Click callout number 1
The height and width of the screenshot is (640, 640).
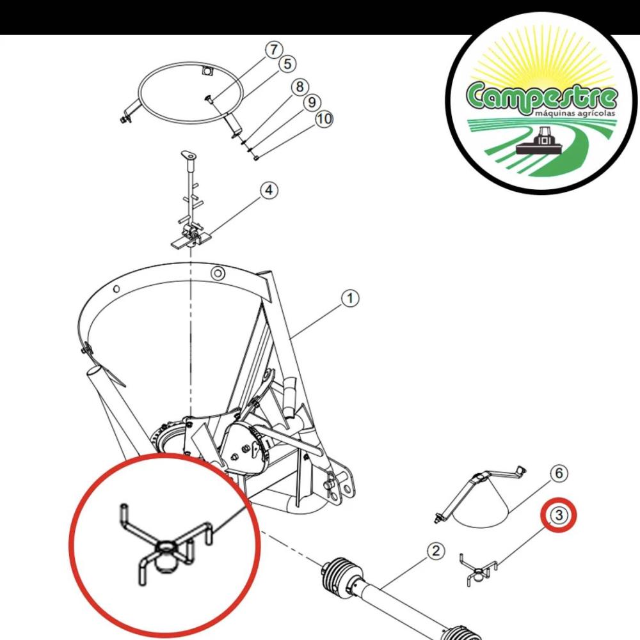tap(350, 299)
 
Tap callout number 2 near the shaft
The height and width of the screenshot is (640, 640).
tap(436, 551)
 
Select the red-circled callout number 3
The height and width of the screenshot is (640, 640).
tap(559, 515)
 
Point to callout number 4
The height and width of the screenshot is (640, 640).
tap(269, 190)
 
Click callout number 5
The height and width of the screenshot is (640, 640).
tap(288, 64)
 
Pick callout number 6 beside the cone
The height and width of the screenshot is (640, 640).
tap(559, 474)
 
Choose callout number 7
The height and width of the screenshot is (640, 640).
tap(273, 50)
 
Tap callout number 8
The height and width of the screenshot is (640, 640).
tap(300, 87)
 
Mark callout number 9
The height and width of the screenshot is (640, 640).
tap(312, 102)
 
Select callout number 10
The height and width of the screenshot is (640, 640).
tap(324, 119)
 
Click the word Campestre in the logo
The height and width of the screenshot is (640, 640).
tap(541, 97)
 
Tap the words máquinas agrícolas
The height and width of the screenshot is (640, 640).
tap(575, 113)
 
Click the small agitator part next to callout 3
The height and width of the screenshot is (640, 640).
tap(477, 570)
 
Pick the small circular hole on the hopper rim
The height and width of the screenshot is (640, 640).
tap(218, 273)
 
